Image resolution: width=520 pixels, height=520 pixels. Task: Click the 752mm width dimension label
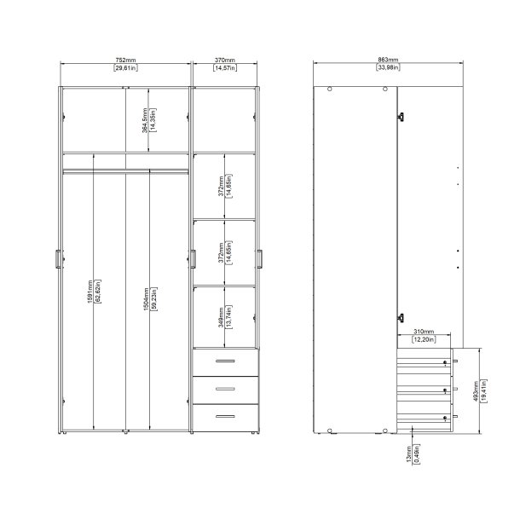click(125, 61)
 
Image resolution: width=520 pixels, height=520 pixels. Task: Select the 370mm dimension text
click(225, 61)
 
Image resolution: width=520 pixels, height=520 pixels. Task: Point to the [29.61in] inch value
click(125, 68)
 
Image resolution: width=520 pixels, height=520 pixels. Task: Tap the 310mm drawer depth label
click(424, 331)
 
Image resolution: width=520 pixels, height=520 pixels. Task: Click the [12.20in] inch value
click(424, 339)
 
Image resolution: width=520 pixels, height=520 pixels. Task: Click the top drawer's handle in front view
click(225, 361)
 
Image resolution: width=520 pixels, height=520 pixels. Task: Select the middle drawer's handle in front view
click(225, 389)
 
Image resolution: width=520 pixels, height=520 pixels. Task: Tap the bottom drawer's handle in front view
click(225, 416)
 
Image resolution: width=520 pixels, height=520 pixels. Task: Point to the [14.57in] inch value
click(225, 68)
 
